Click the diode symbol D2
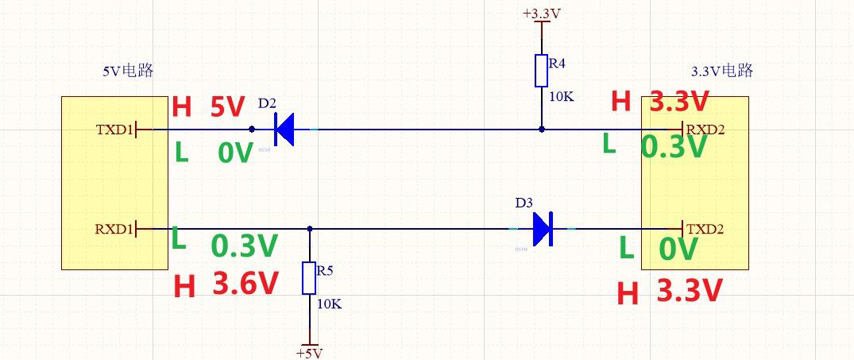coord(284,129)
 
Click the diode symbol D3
coord(543,229)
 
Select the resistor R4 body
coord(541,71)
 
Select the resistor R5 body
coord(309,279)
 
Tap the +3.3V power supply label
coord(542,14)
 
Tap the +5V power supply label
coord(309,353)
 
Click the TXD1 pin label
coord(114,129)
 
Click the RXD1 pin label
coord(114,229)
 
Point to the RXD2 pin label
coord(705,129)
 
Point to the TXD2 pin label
coord(705,229)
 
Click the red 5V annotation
coord(227,107)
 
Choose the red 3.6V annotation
coord(245,284)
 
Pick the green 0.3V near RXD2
coord(674,146)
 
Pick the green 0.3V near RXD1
coord(245,246)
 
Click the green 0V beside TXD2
coord(678,250)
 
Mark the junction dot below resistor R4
coord(541,129)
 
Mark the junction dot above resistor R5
coord(309,229)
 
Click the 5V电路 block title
coord(128,71)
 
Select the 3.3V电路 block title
coord(721,71)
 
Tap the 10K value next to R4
coord(561,97)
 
